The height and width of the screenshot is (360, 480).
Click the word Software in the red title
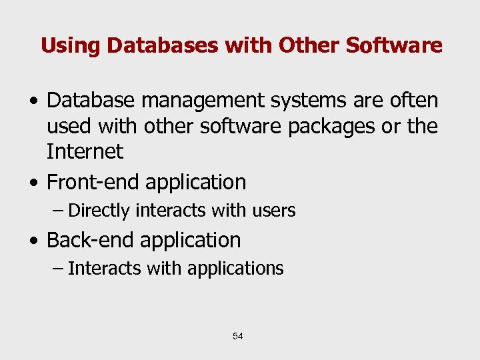tap(395, 45)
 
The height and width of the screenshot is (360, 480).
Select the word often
tap(414, 100)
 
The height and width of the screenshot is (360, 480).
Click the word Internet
tap(85, 151)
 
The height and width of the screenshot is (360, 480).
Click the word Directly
tap(99, 211)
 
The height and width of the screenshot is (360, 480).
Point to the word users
tap(273, 211)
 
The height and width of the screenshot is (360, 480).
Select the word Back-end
tap(91, 240)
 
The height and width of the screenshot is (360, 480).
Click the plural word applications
tap(235, 269)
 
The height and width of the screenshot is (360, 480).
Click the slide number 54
tap(238, 337)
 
